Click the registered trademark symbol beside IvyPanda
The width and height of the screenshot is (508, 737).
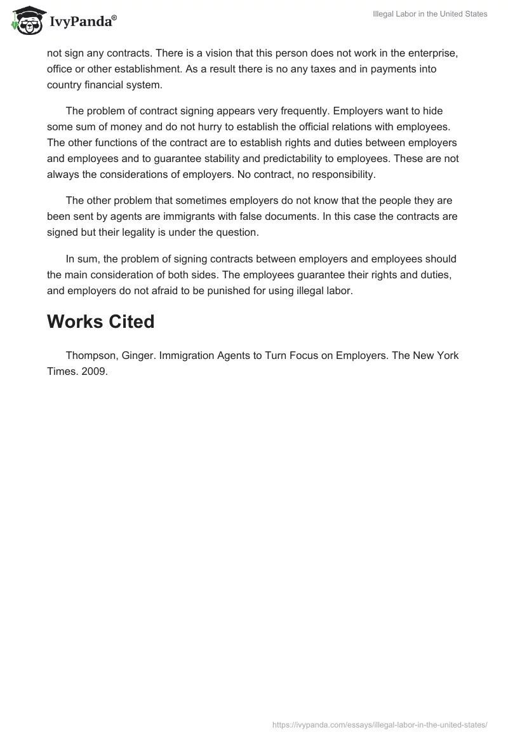click(114, 17)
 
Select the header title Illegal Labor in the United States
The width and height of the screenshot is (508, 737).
click(430, 14)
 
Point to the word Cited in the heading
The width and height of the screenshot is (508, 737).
click(131, 321)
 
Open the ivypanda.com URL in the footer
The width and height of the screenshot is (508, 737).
click(380, 724)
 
